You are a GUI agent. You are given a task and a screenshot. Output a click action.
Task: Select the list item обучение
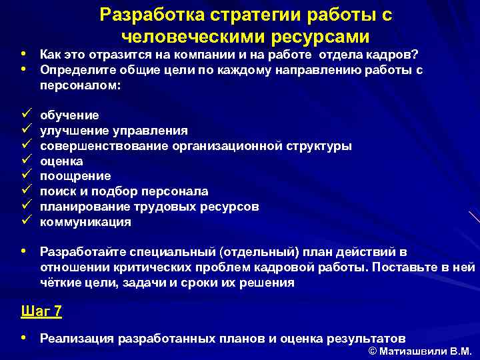pyautogui.click(x=70, y=115)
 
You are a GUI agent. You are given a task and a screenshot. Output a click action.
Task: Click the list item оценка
pyautogui.click(x=62, y=161)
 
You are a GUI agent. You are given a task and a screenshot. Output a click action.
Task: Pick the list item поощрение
pyautogui.click(x=75, y=176)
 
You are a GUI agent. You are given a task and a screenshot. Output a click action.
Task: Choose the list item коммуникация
pyautogui.click(x=85, y=222)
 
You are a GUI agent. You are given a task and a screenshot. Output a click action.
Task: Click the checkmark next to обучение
pyautogui.click(x=26, y=115)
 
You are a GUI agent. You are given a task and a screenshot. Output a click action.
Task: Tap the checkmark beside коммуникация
pyautogui.click(x=26, y=221)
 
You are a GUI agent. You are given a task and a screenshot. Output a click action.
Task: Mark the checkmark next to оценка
pyautogui.click(x=26, y=161)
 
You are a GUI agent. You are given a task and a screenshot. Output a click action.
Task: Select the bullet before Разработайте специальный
pyautogui.click(x=24, y=251)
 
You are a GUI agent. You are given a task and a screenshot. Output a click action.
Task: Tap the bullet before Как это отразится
pyautogui.click(x=24, y=53)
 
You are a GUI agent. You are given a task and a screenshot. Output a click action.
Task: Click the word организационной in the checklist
pyautogui.click(x=227, y=146)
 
